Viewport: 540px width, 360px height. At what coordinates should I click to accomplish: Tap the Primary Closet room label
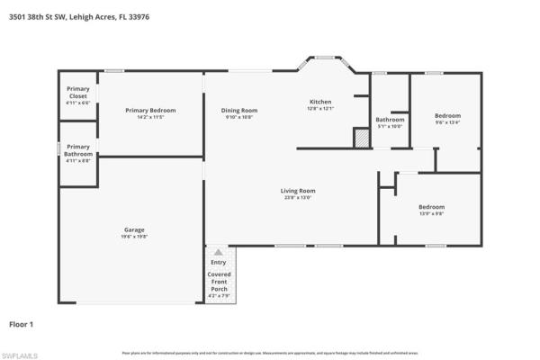(78, 94)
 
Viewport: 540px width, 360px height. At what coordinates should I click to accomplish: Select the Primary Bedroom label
(150, 110)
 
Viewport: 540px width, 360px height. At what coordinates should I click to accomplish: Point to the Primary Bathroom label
(78, 150)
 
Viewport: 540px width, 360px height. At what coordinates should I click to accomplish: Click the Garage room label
(134, 229)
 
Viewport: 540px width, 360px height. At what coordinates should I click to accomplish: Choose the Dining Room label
(239, 110)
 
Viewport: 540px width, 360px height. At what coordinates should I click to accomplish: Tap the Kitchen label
(321, 102)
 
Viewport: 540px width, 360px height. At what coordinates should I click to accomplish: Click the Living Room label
(298, 190)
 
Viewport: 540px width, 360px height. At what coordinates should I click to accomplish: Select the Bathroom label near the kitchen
(390, 120)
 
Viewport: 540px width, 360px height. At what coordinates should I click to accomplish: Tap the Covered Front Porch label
(219, 281)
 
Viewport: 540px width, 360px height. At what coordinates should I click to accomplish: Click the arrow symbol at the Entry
(219, 253)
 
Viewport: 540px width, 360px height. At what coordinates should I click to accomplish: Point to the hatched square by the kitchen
(361, 139)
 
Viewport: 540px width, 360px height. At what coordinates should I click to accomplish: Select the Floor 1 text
(22, 321)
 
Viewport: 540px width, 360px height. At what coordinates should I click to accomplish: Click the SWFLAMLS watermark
(20, 355)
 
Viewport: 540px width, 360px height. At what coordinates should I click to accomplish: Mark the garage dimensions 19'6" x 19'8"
(134, 236)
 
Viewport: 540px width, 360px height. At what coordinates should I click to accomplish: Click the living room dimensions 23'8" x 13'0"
(298, 197)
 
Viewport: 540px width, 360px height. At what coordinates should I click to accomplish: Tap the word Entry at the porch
(219, 262)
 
